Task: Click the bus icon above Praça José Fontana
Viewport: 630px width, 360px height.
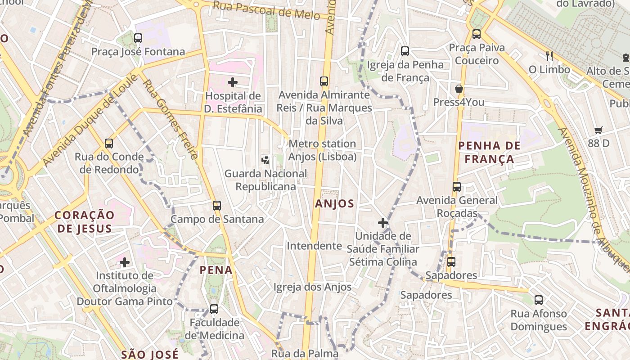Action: pos(138,38)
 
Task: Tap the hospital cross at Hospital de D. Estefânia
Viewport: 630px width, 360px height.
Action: pos(233,82)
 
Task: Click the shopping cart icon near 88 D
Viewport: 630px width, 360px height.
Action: pos(598,130)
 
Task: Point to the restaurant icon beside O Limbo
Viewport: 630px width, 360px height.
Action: pos(549,56)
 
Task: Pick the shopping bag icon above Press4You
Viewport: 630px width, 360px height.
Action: pos(459,89)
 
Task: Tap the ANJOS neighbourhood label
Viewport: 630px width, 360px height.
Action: pos(334,203)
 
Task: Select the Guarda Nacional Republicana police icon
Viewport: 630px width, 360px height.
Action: pos(265,159)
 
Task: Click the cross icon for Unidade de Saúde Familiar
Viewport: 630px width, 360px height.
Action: pos(383,222)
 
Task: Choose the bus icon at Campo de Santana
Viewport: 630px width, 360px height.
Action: pos(217,206)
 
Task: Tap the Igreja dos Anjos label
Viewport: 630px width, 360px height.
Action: pos(312,287)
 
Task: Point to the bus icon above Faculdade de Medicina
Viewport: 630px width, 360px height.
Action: pos(214,309)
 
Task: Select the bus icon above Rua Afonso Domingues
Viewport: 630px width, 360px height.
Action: pos(539,300)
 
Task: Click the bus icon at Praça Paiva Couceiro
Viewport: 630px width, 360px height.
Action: pos(477,34)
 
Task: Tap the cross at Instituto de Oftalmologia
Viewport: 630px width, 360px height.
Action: pos(125,262)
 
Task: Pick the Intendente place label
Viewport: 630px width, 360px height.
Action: pos(314,246)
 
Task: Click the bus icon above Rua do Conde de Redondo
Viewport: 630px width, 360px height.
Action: pos(109,144)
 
